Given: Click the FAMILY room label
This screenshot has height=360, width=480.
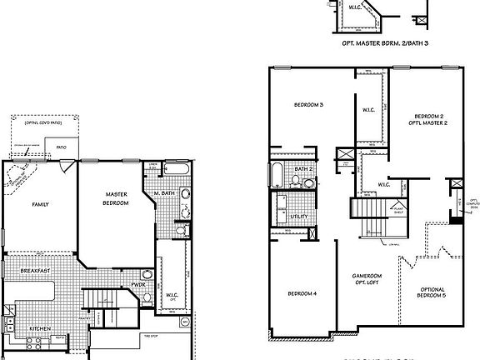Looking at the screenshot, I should [40, 203].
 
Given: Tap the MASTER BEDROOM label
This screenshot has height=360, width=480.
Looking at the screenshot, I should [116, 199].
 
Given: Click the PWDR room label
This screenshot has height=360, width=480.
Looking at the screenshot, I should [137, 285].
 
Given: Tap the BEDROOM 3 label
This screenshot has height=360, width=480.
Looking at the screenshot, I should [309, 104].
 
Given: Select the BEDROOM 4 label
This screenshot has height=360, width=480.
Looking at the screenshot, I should [302, 293].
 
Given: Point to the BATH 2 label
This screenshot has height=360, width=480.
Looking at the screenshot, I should [303, 169].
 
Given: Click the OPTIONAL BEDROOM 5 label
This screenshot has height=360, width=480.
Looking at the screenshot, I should [432, 292].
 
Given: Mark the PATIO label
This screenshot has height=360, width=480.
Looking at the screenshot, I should [61, 147].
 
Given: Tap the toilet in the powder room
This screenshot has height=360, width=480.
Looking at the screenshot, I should [147, 274].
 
